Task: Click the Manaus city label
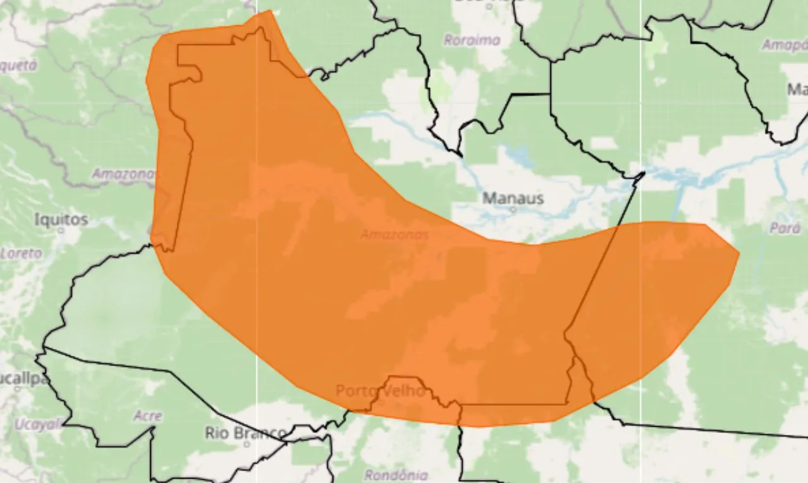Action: coord(513,198)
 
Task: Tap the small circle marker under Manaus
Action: coord(513,209)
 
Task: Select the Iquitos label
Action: coord(61,219)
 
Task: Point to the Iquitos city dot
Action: coord(61,231)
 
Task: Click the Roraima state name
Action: coord(472,40)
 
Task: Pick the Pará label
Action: coord(785,228)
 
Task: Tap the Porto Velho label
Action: coord(380,391)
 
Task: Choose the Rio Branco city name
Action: coord(246,433)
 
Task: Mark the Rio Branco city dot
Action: coord(247,444)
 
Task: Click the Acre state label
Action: coord(148,416)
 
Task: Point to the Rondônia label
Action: coord(396,475)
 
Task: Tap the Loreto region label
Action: coord(21,254)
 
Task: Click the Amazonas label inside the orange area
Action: coord(395,235)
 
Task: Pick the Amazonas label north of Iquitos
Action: coord(124,173)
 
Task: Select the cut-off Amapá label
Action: coord(784,45)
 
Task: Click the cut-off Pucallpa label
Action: coord(24,379)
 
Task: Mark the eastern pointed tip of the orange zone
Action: coord(739,254)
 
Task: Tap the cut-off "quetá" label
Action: coord(19,65)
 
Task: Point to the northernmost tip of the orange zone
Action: coord(271,11)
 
